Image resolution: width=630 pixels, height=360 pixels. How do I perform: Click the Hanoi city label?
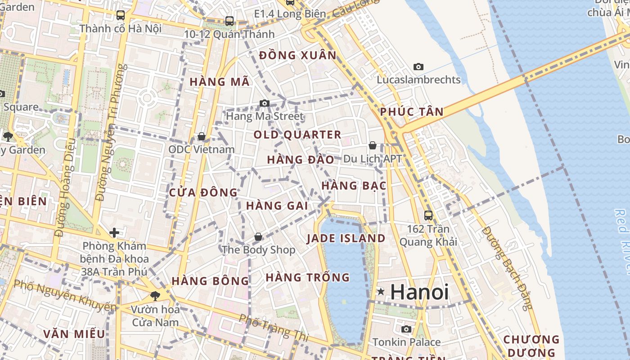coord(419,292)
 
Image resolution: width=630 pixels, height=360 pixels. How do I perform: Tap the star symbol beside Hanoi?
coord(381,292)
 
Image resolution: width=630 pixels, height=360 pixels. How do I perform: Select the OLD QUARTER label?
coord(297,135)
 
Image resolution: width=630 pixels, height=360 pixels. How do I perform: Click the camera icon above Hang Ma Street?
coord(265,103)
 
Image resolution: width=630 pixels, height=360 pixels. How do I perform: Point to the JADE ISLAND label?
coord(346,238)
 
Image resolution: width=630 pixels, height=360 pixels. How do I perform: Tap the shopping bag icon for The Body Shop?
coord(258,237)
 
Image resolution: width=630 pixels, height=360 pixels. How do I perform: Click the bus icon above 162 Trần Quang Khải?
coord(428,215)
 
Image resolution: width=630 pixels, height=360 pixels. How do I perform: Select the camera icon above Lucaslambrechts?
coord(418,67)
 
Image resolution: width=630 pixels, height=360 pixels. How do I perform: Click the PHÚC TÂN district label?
coord(412,112)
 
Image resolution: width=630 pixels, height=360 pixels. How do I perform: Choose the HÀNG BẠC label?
coord(354,185)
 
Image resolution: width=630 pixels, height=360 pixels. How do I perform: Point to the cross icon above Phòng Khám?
coord(114,233)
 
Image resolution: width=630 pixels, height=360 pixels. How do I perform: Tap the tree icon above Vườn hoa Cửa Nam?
coord(155,296)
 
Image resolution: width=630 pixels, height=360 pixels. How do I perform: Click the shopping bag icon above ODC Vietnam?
coord(202,136)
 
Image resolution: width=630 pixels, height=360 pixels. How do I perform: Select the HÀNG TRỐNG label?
coord(308,277)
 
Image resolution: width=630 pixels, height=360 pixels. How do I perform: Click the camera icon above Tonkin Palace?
coord(406,329)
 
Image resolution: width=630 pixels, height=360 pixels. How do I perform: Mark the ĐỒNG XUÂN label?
coord(298,55)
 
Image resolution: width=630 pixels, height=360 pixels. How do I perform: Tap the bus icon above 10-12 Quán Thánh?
coord(229,21)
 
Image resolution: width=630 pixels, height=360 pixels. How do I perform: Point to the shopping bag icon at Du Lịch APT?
coord(373,145)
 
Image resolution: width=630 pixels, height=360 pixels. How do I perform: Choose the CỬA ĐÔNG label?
coord(203,193)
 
